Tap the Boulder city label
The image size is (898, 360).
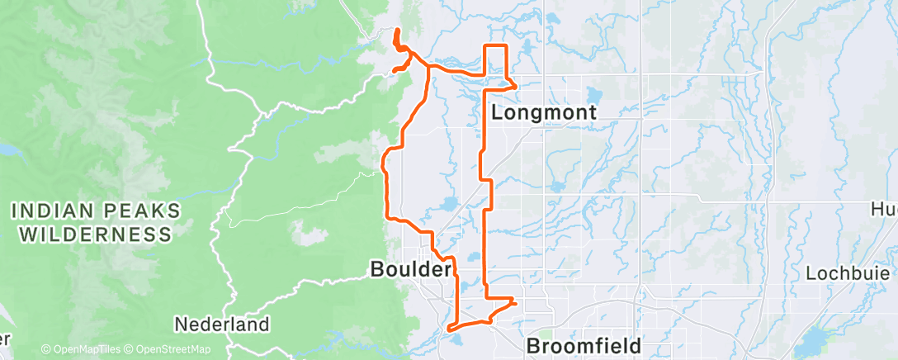coord(411,270)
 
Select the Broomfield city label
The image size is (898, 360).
coord(584,344)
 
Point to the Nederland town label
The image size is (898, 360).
coord(222,324)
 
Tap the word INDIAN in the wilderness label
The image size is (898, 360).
coord(58,212)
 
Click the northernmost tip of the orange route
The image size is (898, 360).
coord(397,31)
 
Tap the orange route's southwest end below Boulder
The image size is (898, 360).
coord(450,329)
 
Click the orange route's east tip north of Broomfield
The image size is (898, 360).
coord(515,302)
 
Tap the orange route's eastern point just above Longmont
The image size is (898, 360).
coord(517,84)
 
